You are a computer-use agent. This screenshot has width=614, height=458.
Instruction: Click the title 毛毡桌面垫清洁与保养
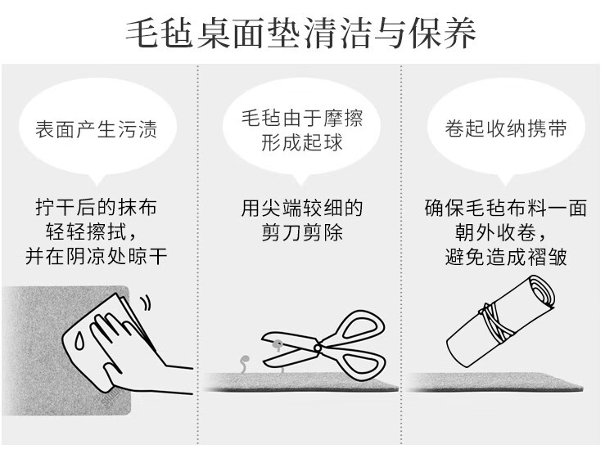[x=300, y=33]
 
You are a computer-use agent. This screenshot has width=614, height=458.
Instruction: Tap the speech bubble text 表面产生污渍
[x=97, y=129]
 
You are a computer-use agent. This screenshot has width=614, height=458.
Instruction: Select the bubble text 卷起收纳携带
[x=506, y=128]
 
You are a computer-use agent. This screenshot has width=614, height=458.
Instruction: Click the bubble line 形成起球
[x=301, y=142]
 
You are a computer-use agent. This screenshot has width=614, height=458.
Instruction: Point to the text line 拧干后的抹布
[x=97, y=207]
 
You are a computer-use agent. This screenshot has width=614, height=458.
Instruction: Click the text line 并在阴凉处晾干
[x=97, y=256]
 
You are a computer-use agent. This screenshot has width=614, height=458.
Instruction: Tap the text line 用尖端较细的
[x=301, y=208]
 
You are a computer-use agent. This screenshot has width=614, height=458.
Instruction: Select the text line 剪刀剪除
[x=301, y=232]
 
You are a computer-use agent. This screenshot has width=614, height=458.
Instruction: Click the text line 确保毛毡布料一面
[x=506, y=208]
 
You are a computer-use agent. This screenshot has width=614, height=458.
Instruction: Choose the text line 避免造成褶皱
[x=506, y=257]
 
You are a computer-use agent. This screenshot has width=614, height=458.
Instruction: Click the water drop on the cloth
[x=79, y=341]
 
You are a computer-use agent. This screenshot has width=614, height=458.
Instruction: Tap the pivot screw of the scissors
[x=318, y=348]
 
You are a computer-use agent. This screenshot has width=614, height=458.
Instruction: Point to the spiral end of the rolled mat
[x=540, y=292]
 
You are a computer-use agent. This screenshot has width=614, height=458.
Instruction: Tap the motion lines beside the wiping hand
[x=145, y=303]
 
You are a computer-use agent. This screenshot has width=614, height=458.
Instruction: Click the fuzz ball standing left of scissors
[x=245, y=364]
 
